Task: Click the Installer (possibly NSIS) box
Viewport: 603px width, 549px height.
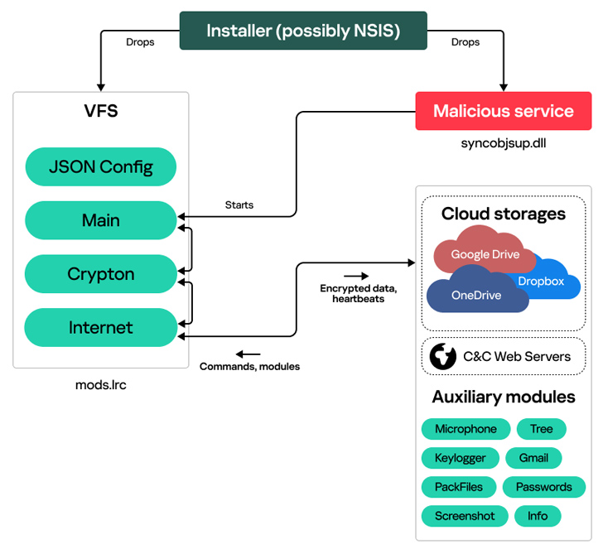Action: coord(303,31)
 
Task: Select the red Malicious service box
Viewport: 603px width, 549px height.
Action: coord(503,111)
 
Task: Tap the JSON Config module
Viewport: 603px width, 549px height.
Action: coord(101,166)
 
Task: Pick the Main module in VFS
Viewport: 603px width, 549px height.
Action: coord(101,220)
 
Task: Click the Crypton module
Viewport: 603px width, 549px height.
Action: coord(101,274)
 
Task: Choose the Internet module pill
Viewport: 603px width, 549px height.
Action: coord(101,328)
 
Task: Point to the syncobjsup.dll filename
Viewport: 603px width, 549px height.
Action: coord(504,142)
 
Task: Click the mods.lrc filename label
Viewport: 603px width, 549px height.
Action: coord(101,385)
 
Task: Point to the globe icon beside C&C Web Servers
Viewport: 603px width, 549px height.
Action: coord(444,356)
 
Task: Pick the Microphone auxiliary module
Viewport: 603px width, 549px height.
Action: coord(466,429)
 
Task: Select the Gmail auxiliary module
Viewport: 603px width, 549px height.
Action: coord(539,458)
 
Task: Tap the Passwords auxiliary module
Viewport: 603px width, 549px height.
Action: coord(543,487)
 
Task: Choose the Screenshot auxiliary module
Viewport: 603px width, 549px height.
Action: coord(464,516)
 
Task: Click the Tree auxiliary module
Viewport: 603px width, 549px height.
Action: coord(541,429)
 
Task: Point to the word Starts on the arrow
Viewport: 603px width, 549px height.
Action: coord(239,205)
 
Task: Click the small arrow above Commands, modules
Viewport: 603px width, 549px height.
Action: coord(248,354)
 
